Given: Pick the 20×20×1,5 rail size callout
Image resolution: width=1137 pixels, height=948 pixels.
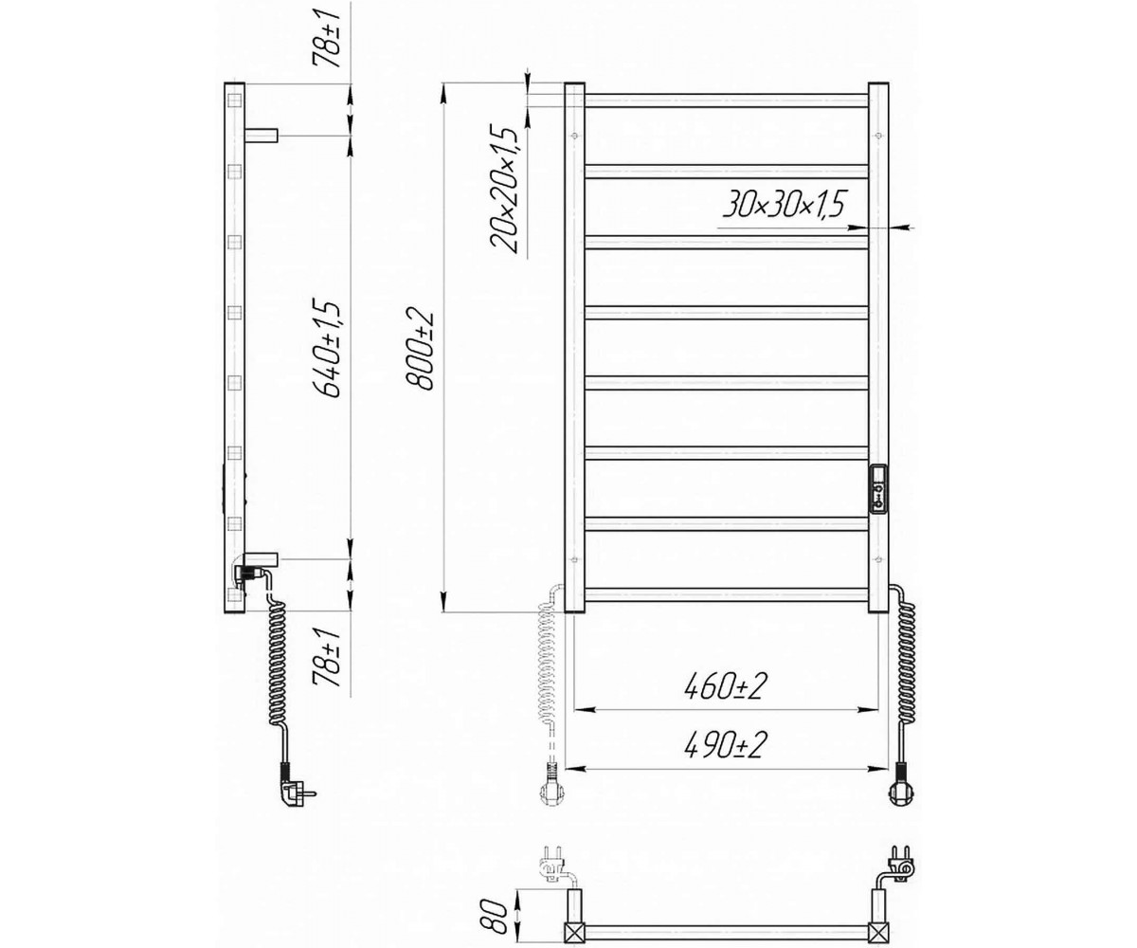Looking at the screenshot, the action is [x=503, y=189].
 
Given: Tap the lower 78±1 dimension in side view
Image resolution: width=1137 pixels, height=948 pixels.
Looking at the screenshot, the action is [x=327, y=657].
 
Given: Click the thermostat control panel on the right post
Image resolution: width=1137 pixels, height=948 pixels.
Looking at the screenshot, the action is [x=878, y=489].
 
